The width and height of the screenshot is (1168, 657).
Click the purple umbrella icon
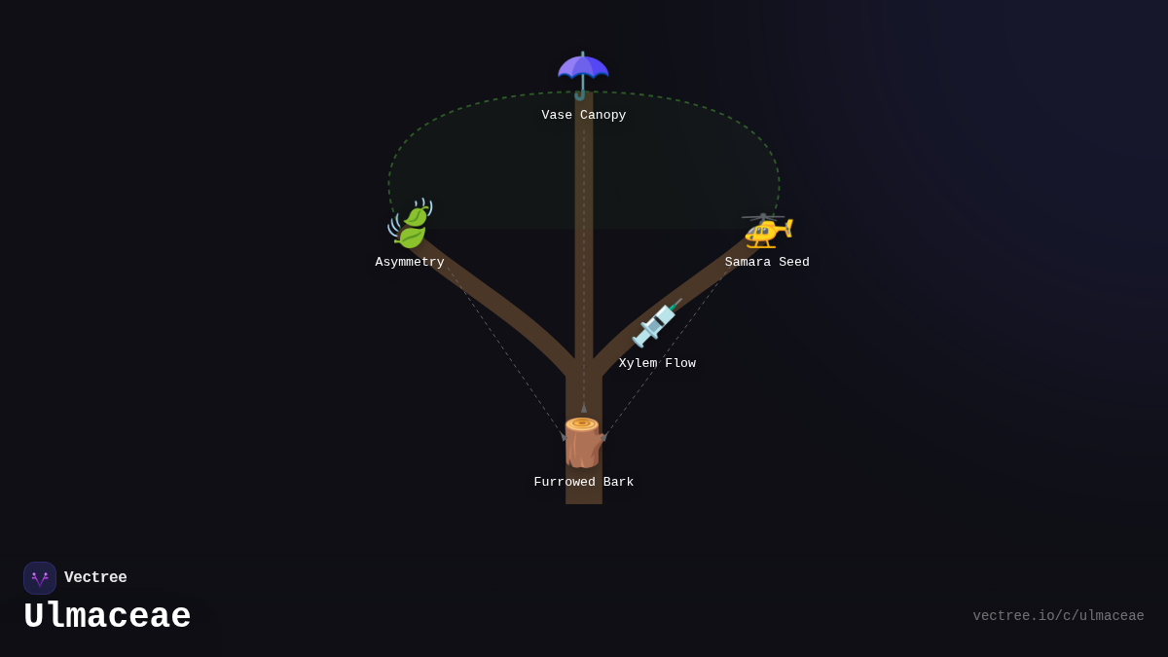tap(583, 74)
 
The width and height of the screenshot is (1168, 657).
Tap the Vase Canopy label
tap(584, 116)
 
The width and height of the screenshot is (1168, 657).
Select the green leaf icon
tap(410, 224)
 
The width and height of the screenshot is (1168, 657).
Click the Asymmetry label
tap(410, 263)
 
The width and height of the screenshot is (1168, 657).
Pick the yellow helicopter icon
tap(767, 230)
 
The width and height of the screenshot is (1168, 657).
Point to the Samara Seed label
tap(767, 263)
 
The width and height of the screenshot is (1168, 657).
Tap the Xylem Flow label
tap(657, 364)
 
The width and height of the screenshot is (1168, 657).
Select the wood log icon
tap(583, 443)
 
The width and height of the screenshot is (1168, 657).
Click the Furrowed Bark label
tap(584, 483)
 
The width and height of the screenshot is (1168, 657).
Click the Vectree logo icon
tap(40, 578)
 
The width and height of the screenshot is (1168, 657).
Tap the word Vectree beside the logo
tap(95, 578)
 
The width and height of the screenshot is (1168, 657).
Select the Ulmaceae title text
tap(107, 617)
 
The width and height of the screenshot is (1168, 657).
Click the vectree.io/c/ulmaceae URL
tap(1058, 616)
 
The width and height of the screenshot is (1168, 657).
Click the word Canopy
tap(603, 116)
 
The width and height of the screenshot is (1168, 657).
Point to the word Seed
tap(794, 263)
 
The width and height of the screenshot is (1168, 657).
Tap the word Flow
tap(680, 364)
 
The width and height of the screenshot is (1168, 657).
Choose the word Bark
tap(619, 483)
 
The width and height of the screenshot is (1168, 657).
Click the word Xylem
tap(638, 364)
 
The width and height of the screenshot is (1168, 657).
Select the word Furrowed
tap(565, 483)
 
